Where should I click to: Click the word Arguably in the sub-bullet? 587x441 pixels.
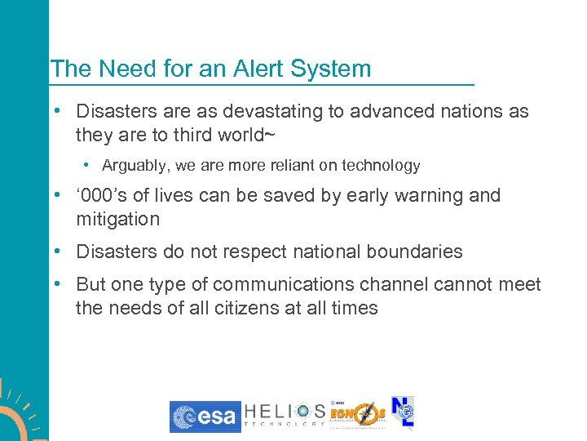click(x=134, y=166)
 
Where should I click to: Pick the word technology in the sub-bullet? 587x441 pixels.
click(x=382, y=166)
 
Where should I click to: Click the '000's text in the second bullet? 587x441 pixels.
click(x=99, y=196)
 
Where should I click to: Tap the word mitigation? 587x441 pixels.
click(x=117, y=219)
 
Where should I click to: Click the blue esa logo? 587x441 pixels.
click(x=205, y=416)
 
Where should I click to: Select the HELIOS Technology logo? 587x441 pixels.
click(x=284, y=415)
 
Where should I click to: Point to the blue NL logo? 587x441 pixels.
click(x=403, y=412)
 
